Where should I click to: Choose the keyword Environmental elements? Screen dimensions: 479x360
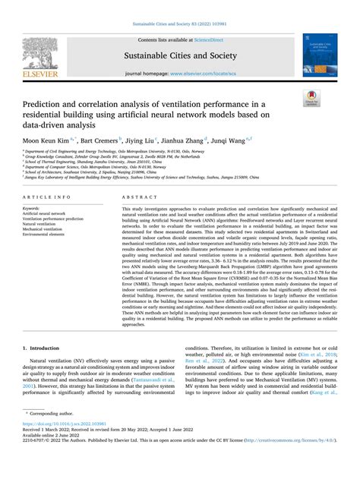pyautogui.click(x=45, y=235)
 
